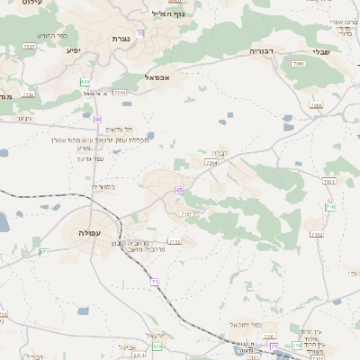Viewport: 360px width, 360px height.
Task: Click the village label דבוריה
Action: coord(260,51)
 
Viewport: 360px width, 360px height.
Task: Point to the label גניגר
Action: coord(22,118)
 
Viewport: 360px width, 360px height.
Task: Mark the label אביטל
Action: coord(126,346)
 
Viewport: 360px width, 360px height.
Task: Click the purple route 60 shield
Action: coord(97,120)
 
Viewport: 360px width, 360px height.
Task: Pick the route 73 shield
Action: coord(141,34)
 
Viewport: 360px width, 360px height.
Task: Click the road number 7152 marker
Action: coord(316,235)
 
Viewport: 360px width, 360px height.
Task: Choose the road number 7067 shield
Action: coord(30,45)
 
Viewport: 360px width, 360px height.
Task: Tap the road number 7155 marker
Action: coord(175,242)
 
